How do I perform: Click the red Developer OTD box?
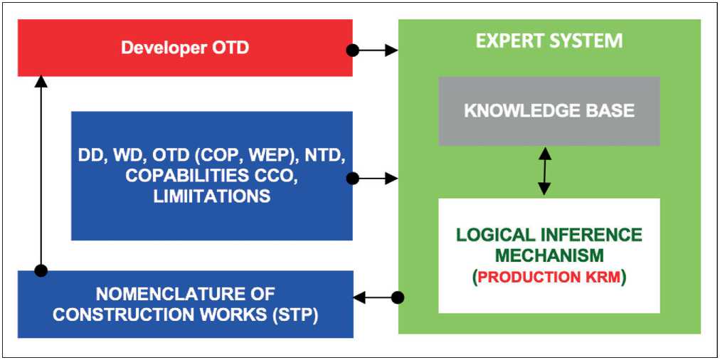tap(185, 48)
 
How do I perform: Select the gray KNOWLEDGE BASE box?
tap(549, 111)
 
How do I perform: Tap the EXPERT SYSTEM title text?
tap(549, 41)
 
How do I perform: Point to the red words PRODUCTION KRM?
tap(549, 277)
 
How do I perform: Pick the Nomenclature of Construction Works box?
tap(185, 304)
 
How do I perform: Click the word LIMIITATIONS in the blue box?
tap(212, 196)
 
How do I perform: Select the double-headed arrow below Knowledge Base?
tap(544, 171)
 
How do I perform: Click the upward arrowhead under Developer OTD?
tap(41, 82)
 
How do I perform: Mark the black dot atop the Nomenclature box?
tap(41, 270)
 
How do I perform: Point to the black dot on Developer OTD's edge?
tap(352, 50)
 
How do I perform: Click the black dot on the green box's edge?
tap(398, 297)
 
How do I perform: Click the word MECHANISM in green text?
tap(549, 255)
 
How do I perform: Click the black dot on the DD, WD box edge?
tap(352, 178)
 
